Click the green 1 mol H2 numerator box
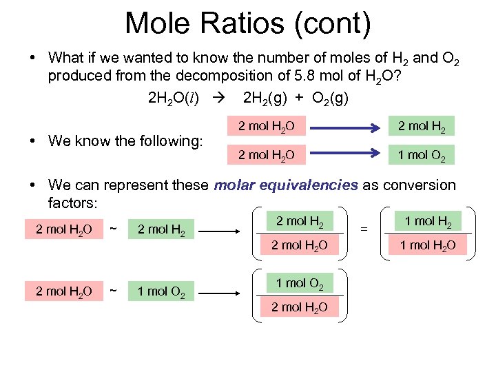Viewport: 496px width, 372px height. click(x=427, y=222)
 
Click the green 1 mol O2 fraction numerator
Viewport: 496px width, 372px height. click(x=299, y=283)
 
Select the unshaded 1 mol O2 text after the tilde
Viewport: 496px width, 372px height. click(x=161, y=291)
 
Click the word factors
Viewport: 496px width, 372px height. click(x=74, y=204)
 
